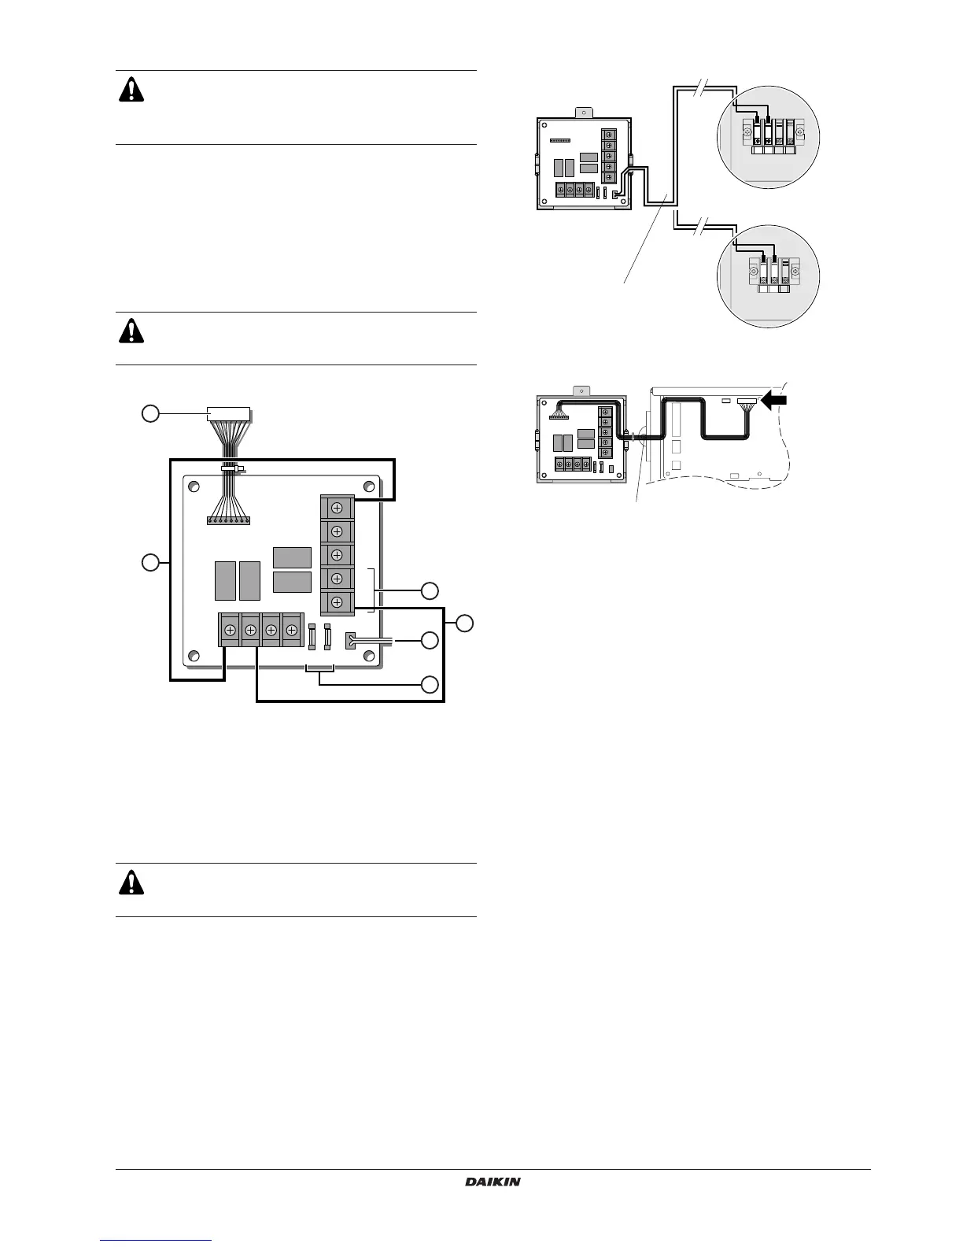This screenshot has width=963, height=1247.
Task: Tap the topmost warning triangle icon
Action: [131, 91]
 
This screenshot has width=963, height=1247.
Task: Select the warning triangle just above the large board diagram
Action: [131, 331]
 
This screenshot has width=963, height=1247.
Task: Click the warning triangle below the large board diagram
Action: [131, 883]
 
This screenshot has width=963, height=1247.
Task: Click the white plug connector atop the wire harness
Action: [228, 413]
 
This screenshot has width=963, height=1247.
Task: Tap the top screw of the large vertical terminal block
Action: [337, 508]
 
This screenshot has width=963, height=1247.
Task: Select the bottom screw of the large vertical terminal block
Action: [337, 603]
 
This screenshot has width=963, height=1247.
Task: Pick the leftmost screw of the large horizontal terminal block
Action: [230, 631]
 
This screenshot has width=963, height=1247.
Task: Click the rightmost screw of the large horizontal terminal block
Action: [292, 631]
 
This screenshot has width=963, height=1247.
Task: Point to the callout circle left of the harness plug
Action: [150, 413]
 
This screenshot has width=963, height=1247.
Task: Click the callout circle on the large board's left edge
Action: [150, 562]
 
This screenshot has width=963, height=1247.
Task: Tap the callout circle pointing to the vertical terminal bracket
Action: [429, 590]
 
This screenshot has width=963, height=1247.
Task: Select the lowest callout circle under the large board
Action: [429, 684]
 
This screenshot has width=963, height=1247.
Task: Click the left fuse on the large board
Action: [315, 636]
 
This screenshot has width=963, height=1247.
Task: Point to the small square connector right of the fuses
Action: [351, 641]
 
